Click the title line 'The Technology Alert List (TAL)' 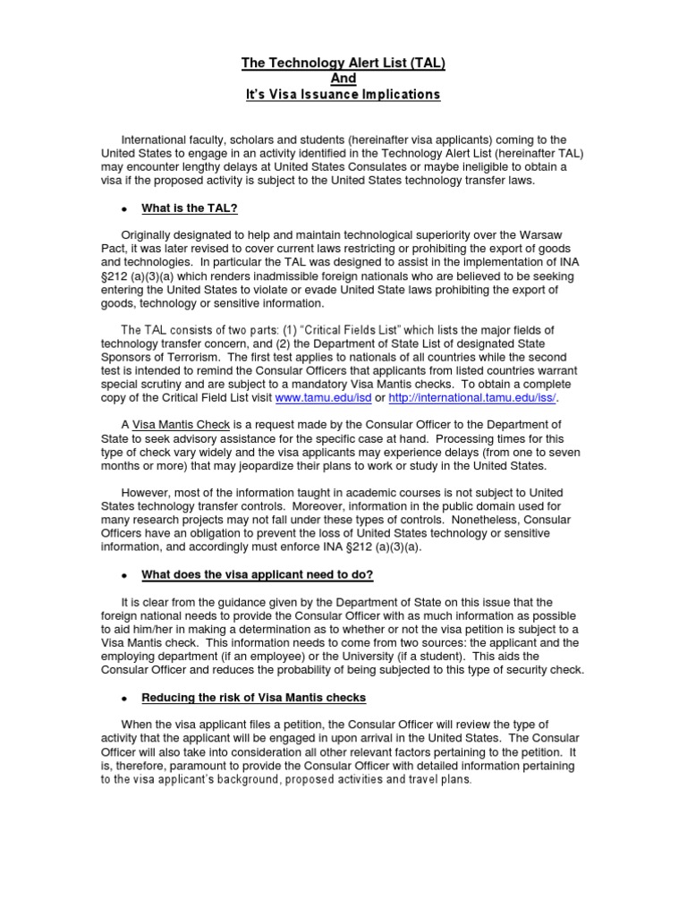tap(343, 63)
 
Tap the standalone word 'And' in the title tap(343, 79)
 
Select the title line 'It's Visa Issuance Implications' tap(343, 95)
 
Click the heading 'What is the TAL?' tap(189, 208)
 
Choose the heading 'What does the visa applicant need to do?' tap(258, 573)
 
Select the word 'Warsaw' tap(556, 235)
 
